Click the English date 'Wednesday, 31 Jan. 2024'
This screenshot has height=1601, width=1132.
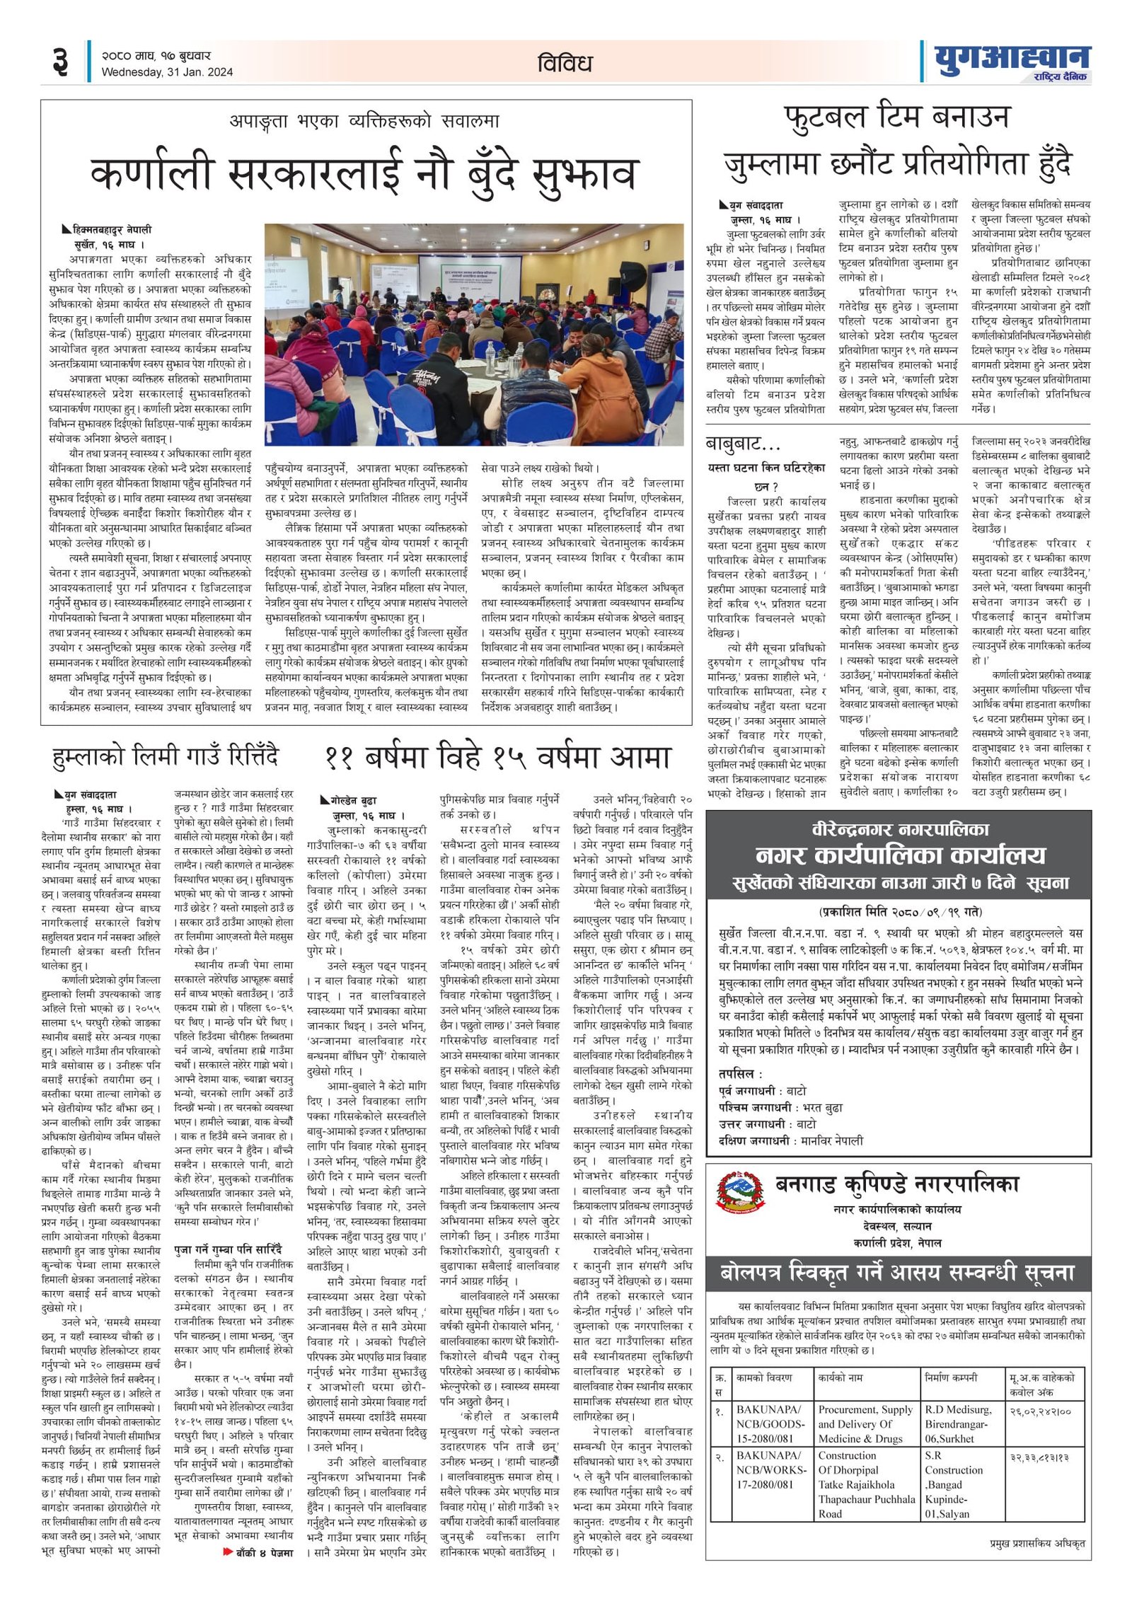click(x=167, y=71)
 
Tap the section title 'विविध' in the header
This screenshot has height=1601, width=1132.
click(x=564, y=64)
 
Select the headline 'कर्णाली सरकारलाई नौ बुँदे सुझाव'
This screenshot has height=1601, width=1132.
click(x=365, y=174)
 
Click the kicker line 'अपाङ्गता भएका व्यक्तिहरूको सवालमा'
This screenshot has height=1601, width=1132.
click(x=364, y=121)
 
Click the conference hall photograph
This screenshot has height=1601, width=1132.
click(x=474, y=334)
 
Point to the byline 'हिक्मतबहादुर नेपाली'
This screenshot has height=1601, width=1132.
click(x=112, y=230)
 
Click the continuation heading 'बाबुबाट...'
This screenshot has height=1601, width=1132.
click(x=743, y=444)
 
